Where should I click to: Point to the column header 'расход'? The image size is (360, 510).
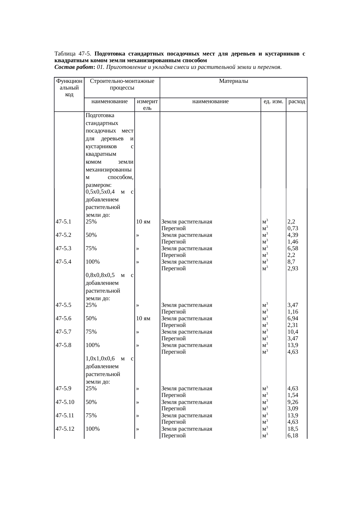coord(297,101)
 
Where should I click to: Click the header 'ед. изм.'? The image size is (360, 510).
coord(273,101)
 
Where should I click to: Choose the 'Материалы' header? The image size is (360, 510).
coord(233,81)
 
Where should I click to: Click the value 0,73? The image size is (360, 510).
coord(293,228)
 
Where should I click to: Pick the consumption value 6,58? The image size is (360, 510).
coord(293,248)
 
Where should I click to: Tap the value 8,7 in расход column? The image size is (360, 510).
coord(291,262)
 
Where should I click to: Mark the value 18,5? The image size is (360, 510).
coord(293,429)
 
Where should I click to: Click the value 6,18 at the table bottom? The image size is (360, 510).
coord(293,436)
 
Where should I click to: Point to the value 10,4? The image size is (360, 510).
coord(293,332)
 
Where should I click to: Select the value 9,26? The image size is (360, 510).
coord(293,402)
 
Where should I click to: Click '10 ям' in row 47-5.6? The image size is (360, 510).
coord(143,318)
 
